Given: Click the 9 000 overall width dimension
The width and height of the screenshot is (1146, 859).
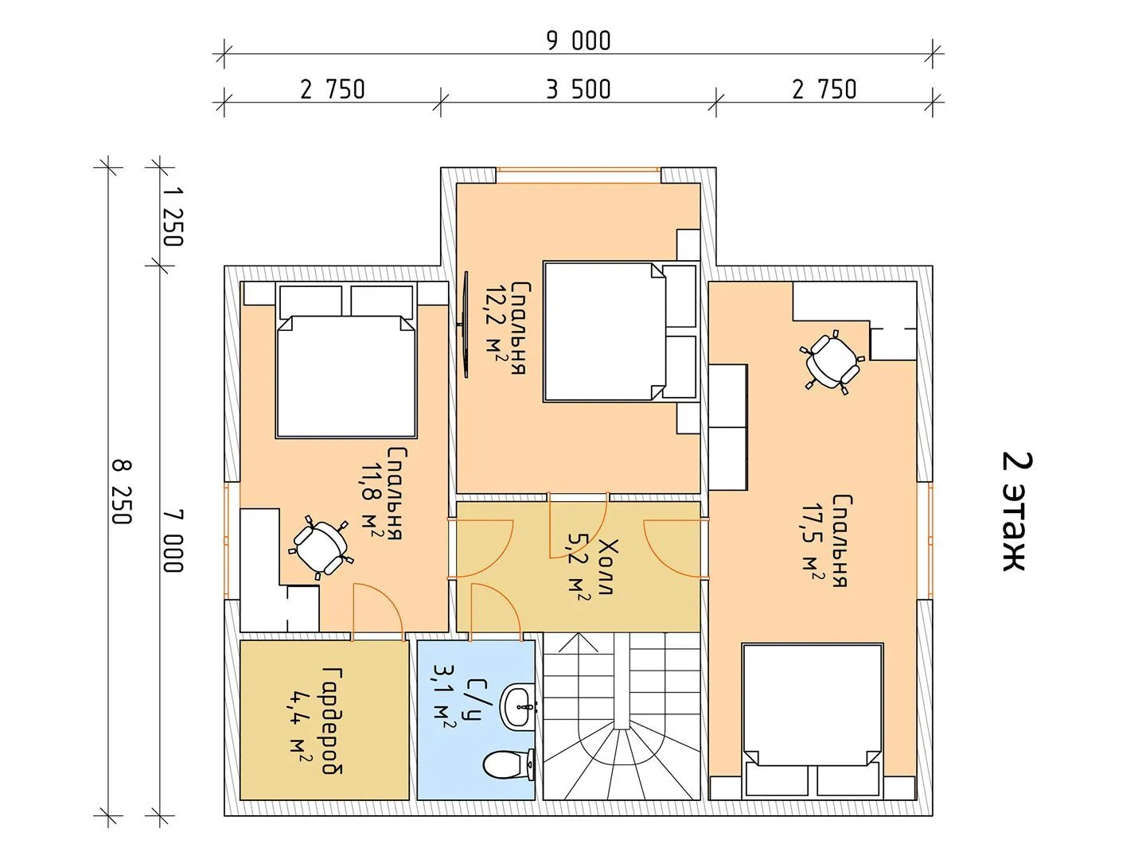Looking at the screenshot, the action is coord(579,41).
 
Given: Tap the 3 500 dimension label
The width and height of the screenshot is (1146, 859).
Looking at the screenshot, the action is coord(579,90).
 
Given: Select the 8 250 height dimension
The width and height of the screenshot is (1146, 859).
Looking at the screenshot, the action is coord(122,492).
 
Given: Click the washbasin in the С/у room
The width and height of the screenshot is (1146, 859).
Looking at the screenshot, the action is coord(518,706).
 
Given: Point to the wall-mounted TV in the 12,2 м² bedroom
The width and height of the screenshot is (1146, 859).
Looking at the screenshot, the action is coord(464,324).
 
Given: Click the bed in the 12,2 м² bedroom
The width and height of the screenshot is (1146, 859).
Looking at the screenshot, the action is coord(620,332).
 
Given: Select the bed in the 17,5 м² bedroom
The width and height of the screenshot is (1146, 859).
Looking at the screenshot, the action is coord(813,721).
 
